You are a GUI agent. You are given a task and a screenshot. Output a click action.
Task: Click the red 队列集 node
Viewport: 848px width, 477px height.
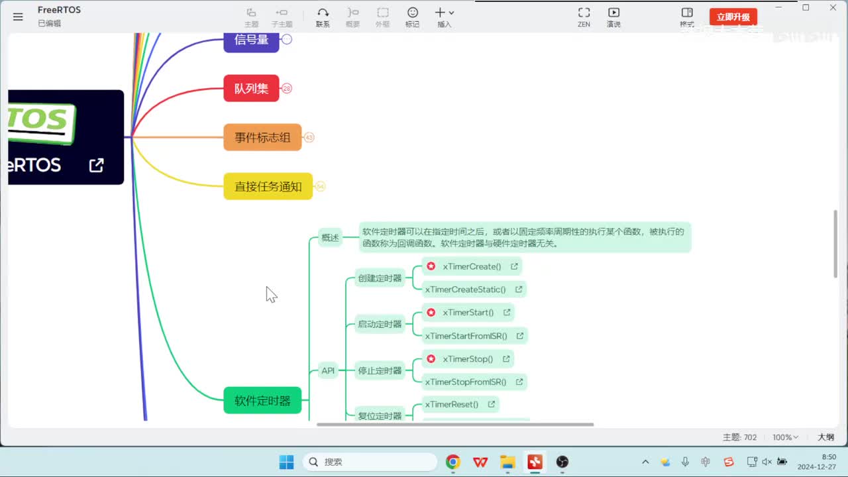pyautogui.click(x=251, y=88)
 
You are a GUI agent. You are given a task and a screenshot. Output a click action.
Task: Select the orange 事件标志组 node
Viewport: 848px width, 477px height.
pyautogui.click(x=262, y=138)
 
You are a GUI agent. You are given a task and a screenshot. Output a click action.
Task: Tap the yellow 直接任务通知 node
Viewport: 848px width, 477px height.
pyautogui.click(x=268, y=187)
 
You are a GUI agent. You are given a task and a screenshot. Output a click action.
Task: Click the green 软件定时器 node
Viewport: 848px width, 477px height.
pyautogui.click(x=262, y=401)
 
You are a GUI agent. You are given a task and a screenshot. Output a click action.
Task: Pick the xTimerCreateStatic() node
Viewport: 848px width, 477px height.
pyautogui.click(x=465, y=290)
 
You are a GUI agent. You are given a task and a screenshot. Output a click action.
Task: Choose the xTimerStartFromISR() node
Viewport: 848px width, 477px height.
pyautogui.click(x=466, y=336)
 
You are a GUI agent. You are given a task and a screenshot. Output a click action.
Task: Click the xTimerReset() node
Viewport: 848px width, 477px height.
pyautogui.click(x=452, y=404)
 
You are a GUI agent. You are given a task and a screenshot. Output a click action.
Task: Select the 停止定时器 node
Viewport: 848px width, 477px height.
pyautogui.click(x=380, y=370)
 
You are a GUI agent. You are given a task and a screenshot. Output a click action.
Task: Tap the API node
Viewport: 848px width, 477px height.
pyautogui.click(x=328, y=370)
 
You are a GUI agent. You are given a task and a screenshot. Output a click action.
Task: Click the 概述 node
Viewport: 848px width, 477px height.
pyautogui.click(x=330, y=237)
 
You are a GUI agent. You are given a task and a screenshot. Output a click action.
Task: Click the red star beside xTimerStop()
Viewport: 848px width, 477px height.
pyautogui.click(x=431, y=359)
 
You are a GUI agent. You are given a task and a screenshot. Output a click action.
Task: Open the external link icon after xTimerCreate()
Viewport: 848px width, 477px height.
pyautogui.click(x=514, y=266)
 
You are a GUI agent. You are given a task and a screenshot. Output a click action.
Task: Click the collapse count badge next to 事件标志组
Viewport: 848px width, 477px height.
pyautogui.click(x=309, y=138)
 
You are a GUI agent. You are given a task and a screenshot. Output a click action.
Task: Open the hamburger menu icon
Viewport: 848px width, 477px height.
pyautogui.click(x=18, y=17)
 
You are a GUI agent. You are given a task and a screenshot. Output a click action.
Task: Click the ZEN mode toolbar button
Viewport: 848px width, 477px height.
pyautogui.click(x=584, y=17)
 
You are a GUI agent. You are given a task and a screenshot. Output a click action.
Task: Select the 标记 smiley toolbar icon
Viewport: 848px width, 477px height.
pyautogui.click(x=412, y=17)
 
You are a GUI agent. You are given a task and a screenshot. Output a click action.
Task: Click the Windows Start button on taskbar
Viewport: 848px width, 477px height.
pyautogui.click(x=286, y=462)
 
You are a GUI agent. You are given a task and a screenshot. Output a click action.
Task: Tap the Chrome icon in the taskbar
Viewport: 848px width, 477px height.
pyautogui.click(x=453, y=462)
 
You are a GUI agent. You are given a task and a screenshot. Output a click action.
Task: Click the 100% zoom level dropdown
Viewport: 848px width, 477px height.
pyautogui.click(x=786, y=437)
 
